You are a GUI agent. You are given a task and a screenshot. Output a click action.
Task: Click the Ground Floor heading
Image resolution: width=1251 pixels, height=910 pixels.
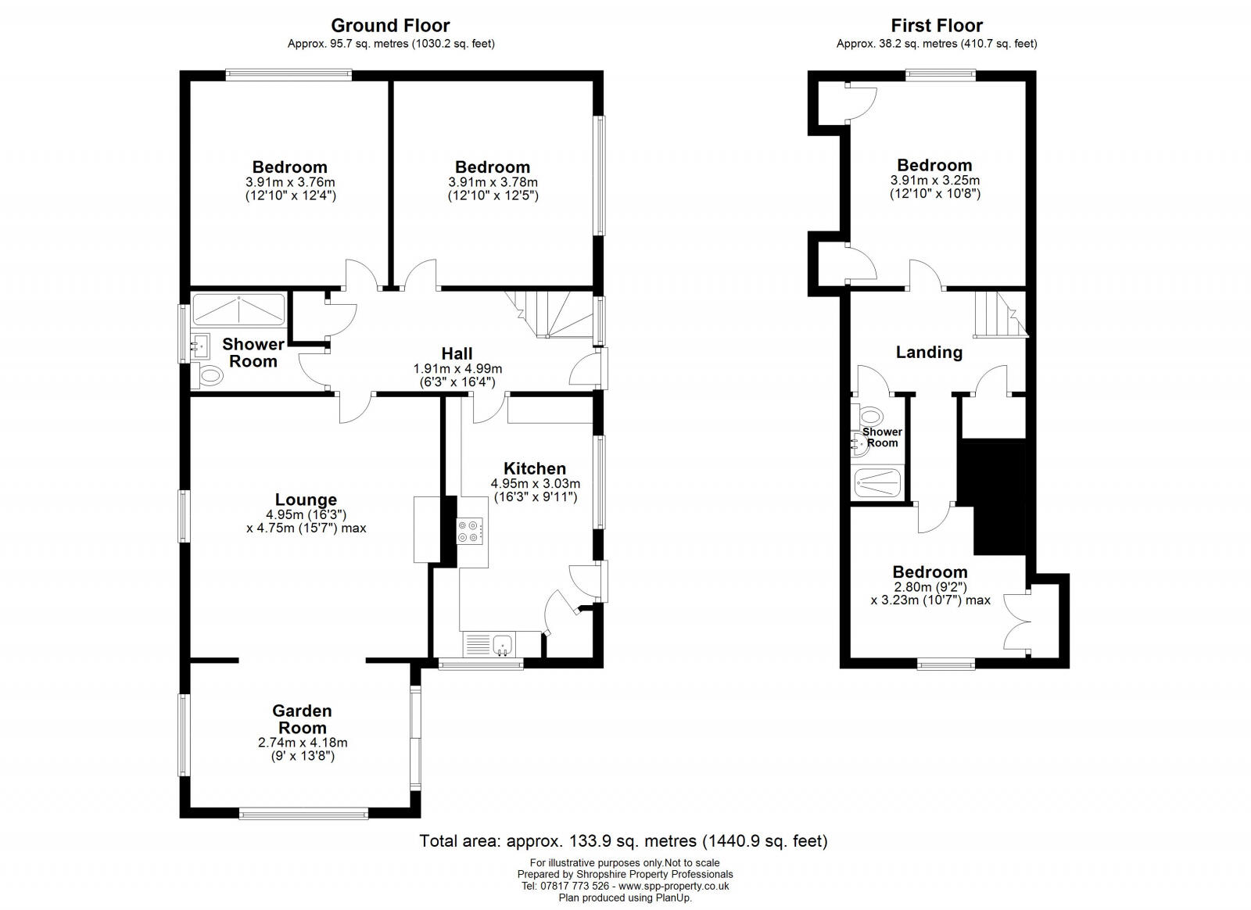(390, 26)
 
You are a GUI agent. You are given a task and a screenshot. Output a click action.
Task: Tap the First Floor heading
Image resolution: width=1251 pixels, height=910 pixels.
(937, 26)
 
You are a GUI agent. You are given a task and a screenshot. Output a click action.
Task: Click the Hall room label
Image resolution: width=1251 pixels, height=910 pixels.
(457, 354)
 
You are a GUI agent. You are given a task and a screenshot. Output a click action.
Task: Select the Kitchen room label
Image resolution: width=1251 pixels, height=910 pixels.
(535, 468)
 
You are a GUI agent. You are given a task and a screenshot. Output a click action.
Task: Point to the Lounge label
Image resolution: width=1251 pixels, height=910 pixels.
(306, 500)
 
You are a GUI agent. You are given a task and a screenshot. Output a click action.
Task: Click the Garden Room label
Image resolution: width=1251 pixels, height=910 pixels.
(303, 719)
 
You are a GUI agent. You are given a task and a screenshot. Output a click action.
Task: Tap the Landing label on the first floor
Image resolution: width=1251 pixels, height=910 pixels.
(929, 352)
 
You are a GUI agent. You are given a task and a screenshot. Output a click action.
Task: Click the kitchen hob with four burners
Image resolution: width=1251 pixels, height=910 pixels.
(471, 532)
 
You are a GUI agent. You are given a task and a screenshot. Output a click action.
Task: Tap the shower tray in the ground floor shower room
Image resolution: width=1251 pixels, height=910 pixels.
(239, 310)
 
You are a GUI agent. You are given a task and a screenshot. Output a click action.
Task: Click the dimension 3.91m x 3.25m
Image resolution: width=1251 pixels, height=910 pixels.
(934, 180)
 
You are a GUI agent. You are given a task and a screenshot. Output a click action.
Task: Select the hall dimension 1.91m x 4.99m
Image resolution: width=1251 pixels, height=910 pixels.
(457, 369)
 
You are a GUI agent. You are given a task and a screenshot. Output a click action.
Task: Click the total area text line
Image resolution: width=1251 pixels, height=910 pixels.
(623, 841)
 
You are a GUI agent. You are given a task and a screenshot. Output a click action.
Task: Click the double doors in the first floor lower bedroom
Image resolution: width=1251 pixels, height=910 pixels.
(1016, 622)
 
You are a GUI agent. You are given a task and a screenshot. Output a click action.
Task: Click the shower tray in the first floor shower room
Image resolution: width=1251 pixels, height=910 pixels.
(878, 482)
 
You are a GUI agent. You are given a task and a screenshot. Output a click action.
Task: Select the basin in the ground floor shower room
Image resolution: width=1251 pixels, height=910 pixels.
(200, 343)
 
